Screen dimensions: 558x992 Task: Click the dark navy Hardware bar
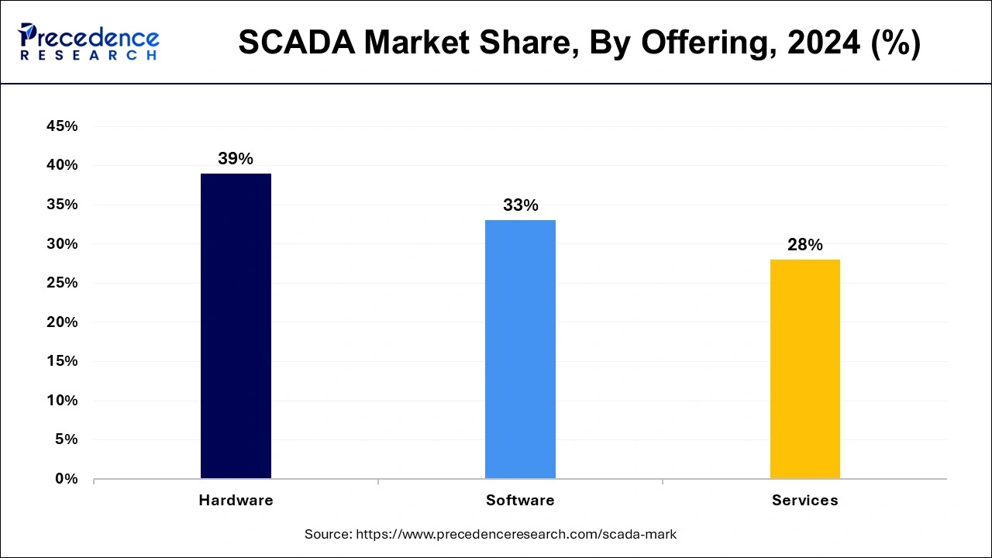point(236,325)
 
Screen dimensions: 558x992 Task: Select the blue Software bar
point(520,349)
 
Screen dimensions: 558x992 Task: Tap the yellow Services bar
point(804,369)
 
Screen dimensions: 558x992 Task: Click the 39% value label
point(236,159)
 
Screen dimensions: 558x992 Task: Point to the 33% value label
point(520,205)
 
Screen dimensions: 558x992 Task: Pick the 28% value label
point(804,245)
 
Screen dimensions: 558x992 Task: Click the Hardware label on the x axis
point(236,501)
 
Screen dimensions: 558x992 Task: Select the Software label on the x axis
point(520,501)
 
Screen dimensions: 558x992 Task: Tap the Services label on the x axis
point(804,501)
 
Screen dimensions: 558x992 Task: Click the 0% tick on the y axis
point(67,479)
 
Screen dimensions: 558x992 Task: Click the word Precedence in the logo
point(97,38)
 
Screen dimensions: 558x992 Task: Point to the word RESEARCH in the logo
point(89,56)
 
